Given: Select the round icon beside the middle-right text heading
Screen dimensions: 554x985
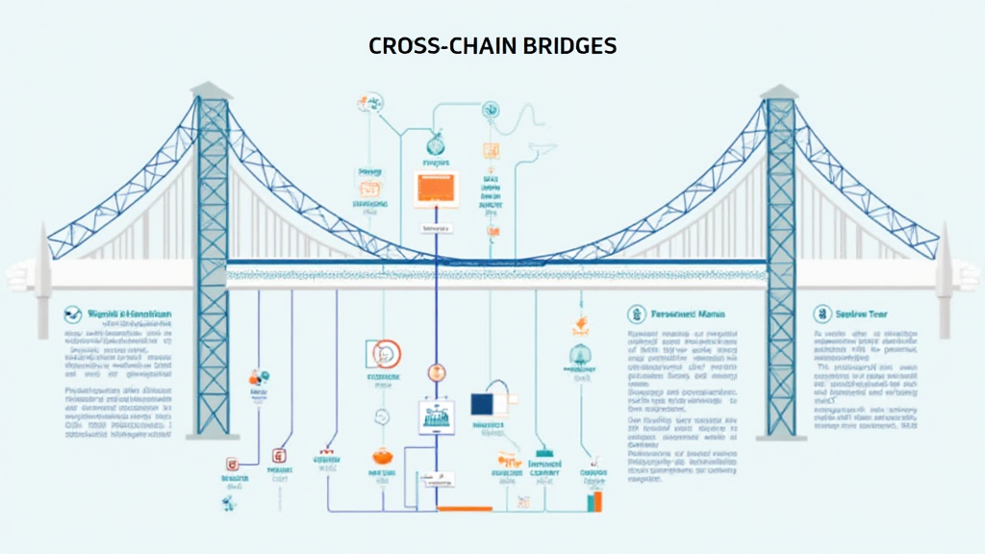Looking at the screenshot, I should point(636,315).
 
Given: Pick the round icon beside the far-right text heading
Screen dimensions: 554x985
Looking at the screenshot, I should point(822,314).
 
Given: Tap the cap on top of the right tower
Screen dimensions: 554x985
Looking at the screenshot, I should point(779,90).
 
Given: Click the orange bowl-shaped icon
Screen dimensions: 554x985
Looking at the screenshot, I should point(381,458).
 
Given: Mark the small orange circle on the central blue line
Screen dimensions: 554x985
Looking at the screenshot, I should point(433,372).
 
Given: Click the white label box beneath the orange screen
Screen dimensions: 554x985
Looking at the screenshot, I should point(436,228).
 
